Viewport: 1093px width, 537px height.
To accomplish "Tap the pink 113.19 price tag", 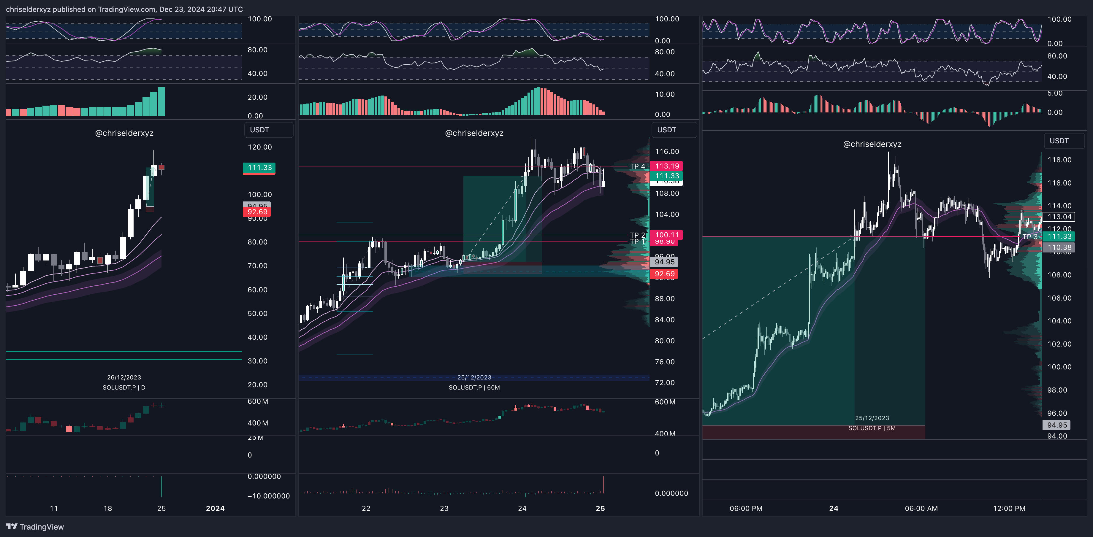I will point(667,166).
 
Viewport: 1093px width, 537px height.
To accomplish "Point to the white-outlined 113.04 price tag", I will point(1059,217).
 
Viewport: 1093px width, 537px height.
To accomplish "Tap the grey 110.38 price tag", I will point(1059,247).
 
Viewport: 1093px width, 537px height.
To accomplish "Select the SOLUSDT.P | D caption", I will point(124,387).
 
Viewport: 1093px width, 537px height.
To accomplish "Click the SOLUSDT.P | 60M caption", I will point(474,387).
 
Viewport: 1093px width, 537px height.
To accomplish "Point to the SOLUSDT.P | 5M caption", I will point(872,428).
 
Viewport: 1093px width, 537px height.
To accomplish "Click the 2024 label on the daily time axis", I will point(215,508).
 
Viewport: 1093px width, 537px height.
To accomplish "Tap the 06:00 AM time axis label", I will point(921,508).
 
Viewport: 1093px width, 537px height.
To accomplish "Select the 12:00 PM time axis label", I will point(1009,508).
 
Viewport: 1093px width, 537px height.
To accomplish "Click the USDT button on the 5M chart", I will point(1059,141).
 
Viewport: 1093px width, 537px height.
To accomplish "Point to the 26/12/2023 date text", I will point(124,377).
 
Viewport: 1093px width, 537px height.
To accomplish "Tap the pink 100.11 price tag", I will point(667,235).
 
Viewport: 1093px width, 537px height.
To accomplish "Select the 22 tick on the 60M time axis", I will point(366,508).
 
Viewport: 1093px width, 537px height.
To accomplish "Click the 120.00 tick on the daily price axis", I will point(260,147).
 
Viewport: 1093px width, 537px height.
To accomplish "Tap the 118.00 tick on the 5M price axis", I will point(1059,160).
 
